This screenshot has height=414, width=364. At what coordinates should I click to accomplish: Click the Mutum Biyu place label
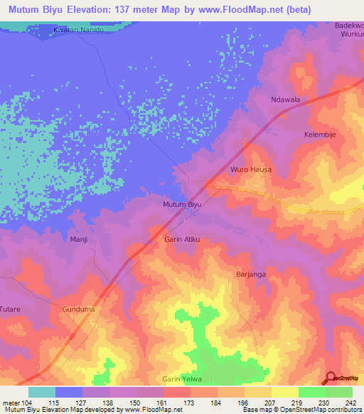pyautogui.click(x=183, y=205)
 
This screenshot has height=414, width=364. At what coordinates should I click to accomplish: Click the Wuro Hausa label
pyautogui.click(x=251, y=170)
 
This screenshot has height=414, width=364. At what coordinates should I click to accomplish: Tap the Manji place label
pyautogui.click(x=78, y=240)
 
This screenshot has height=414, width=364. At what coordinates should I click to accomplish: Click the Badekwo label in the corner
pyautogui.click(x=349, y=24)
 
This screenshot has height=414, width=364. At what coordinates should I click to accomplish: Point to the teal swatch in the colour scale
pyautogui.click(x=42, y=392)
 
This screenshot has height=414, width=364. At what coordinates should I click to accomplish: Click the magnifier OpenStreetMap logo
pyautogui.click(x=331, y=378)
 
